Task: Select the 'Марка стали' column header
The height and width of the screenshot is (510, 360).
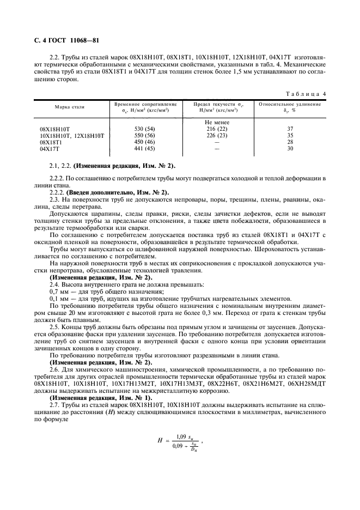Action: click(69, 107)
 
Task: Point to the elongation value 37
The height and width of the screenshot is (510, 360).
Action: click(290, 129)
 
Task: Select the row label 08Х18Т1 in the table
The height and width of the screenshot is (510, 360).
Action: click(52, 142)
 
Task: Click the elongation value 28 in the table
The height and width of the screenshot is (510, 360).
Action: click(290, 142)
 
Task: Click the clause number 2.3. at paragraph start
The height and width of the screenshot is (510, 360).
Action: click(55, 199)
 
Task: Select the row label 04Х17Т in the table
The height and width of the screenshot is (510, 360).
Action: click(50, 148)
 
